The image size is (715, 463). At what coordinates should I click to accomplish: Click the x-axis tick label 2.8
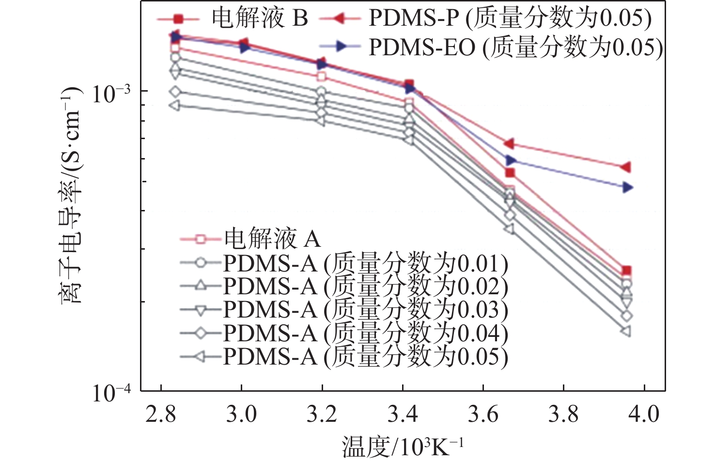tap(160, 415)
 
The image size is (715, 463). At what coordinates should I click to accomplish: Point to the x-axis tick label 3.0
tap(241, 415)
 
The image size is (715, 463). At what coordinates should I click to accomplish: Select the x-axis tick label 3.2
tap(322, 415)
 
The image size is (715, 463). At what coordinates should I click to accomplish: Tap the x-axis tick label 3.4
tap(403, 415)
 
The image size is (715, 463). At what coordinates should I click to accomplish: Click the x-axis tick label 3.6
tap(483, 415)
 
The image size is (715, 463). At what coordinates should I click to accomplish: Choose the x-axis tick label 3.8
tap(563, 415)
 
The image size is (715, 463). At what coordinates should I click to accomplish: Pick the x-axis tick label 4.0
tap(644, 415)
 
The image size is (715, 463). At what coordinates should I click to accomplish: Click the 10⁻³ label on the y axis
tap(111, 93)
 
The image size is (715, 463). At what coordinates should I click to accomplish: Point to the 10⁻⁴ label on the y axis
tap(111, 393)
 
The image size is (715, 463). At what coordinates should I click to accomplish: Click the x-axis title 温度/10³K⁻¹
tap(402, 447)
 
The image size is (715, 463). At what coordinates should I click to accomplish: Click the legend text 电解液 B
tap(260, 18)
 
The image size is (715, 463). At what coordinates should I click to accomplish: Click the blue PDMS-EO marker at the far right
tap(627, 187)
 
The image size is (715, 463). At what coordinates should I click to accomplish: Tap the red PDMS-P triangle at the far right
tap(626, 167)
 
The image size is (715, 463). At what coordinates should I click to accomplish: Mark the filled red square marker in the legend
tap(178, 19)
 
